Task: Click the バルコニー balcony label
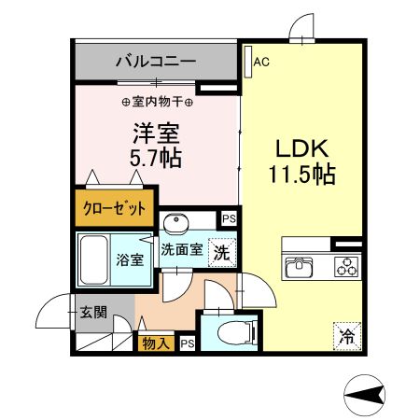coord(155,63)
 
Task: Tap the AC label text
coord(261,63)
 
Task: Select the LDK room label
coord(298,147)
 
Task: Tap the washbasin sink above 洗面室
coord(176,222)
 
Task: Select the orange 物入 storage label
coord(156,343)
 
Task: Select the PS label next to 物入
coord(187,343)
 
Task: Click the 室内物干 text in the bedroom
coord(157,101)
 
